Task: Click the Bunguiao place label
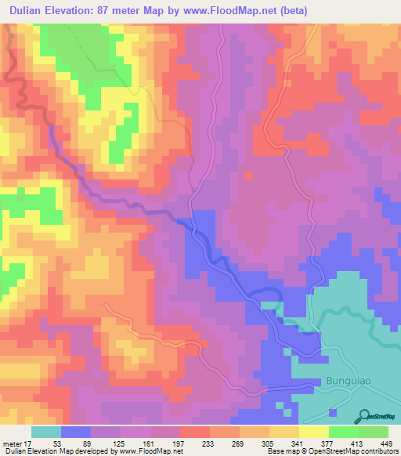pos(345,382)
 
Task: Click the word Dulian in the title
pos(30,11)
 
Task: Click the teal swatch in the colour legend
pos(46,432)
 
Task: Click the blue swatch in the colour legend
pos(76,432)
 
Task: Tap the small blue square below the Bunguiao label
pos(332,411)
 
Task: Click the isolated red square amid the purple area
pos(249,175)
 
